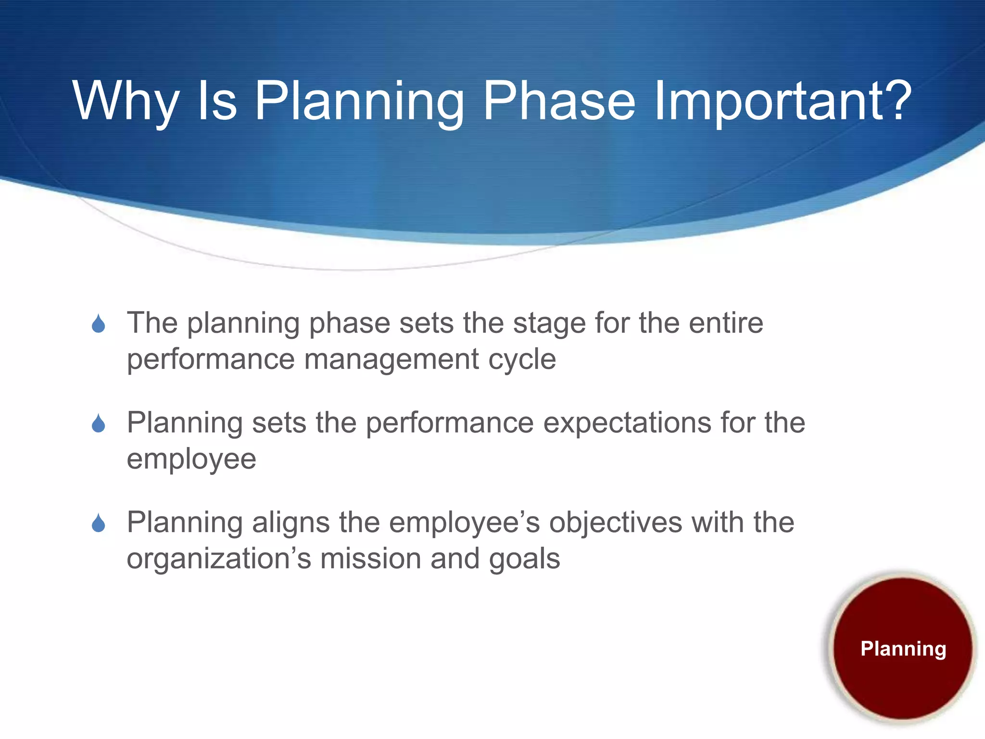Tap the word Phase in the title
[x=559, y=101]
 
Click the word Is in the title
[x=217, y=101]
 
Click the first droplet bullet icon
[x=99, y=323]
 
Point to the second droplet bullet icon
[x=99, y=423]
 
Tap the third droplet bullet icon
[x=99, y=523]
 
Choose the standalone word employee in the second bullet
[x=191, y=460]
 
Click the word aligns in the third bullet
[x=290, y=523]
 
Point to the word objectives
[x=616, y=523]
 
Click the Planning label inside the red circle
[x=903, y=649]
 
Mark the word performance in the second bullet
[x=450, y=423]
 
